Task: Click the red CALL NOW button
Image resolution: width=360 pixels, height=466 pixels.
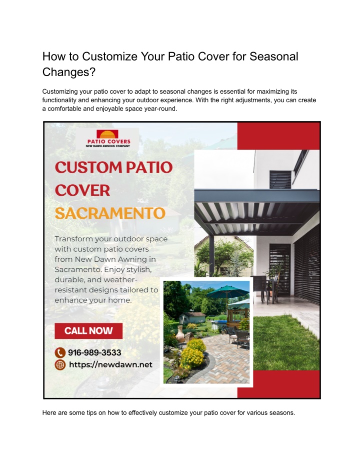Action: [88, 331]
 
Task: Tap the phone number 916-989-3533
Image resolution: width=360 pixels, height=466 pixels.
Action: [94, 352]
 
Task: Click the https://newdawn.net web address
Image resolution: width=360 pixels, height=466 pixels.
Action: [110, 365]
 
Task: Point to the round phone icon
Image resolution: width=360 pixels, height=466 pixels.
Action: [60, 353]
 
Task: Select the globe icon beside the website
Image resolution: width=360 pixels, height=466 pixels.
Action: [60, 365]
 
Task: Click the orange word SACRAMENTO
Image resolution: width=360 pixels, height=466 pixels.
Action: [110, 213]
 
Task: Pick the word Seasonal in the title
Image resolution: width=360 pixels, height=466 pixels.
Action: [273, 57]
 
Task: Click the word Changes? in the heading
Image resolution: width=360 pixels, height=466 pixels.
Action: [69, 72]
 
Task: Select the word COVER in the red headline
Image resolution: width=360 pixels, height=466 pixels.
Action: [82, 190]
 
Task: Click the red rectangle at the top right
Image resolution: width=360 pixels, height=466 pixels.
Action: [278, 136]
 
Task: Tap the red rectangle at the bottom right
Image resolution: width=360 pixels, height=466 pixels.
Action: [278, 384]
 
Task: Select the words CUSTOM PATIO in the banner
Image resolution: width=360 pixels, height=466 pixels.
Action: [113, 167]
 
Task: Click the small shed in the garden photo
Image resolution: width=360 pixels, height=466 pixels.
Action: [192, 317]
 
